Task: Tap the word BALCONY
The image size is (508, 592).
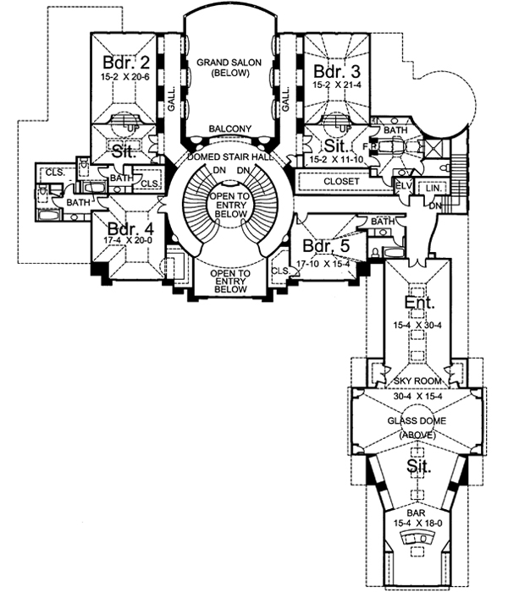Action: point(231,129)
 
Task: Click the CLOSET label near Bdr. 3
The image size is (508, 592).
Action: point(342,182)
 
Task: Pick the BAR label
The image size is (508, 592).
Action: point(414,513)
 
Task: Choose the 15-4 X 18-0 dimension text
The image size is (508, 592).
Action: point(414,524)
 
